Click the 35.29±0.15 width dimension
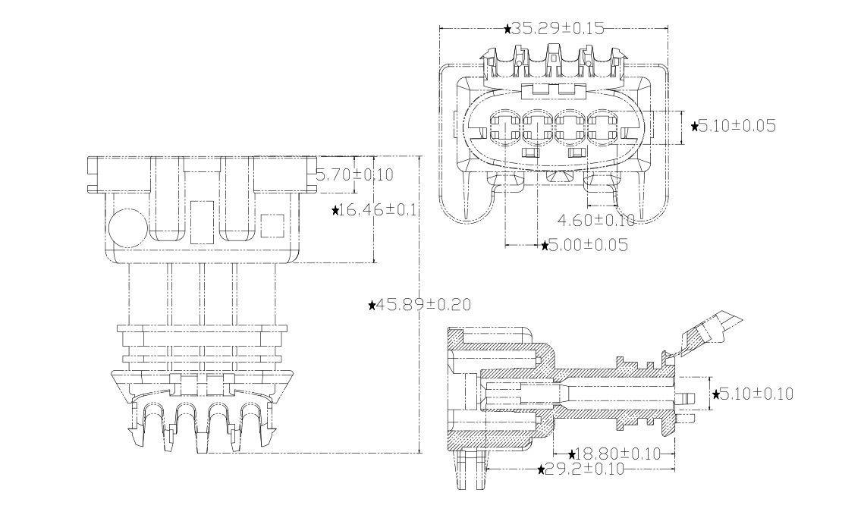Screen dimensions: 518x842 point(558,29)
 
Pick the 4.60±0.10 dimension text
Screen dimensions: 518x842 point(595,221)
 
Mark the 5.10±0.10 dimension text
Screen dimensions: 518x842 point(759,394)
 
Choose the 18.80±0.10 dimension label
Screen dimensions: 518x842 point(614,454)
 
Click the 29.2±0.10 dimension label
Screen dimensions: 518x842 point(585,469)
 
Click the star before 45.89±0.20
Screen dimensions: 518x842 point(372,305)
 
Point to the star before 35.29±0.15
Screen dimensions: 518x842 point(507,29)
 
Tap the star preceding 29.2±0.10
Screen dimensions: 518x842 point(541,470)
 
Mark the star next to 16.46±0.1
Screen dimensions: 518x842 point(336,210)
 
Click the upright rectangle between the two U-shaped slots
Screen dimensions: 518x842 point(202,221)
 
